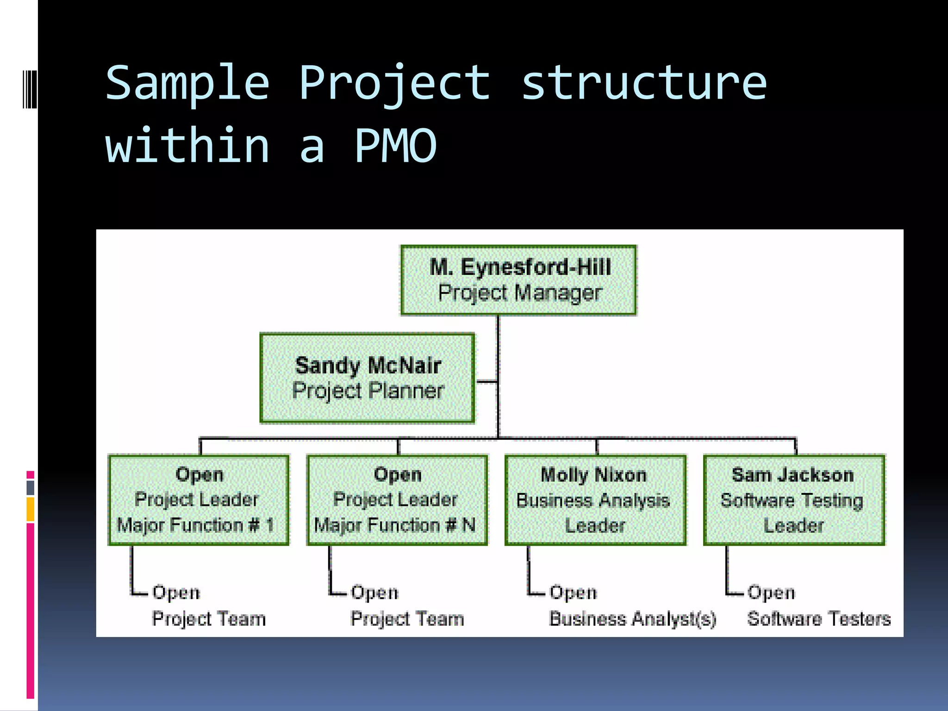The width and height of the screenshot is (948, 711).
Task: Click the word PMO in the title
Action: [396, 146]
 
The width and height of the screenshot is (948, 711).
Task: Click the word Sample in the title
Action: [187, 83]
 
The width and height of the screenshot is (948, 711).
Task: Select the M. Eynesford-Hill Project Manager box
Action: [518, 281]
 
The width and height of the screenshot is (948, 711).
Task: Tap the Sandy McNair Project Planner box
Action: [368, 378]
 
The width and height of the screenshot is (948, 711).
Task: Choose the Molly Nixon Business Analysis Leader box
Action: [595, 500]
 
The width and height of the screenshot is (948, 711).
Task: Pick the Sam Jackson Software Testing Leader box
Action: [794, 500]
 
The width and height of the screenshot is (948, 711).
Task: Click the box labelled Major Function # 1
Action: [199, 500]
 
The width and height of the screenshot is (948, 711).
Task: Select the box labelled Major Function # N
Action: [397, 500]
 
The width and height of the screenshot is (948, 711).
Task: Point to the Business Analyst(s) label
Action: [632, 619]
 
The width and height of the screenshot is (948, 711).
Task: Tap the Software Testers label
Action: [819, 619]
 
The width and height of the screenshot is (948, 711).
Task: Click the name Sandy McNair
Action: [368, 366]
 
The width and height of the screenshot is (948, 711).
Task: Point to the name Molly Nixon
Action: [593, 475]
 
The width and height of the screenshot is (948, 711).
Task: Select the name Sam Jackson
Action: [792, 475]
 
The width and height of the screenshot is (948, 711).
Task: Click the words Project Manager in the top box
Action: [519, 293]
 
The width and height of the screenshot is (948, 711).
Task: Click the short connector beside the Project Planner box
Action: [486, 382]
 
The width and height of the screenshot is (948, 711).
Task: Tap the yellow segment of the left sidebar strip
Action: [31, 509]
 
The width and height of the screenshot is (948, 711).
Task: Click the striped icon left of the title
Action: [30, 89]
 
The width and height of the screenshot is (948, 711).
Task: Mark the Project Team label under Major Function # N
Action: [407, 619]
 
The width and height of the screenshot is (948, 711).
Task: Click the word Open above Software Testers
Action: [771, 592]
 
